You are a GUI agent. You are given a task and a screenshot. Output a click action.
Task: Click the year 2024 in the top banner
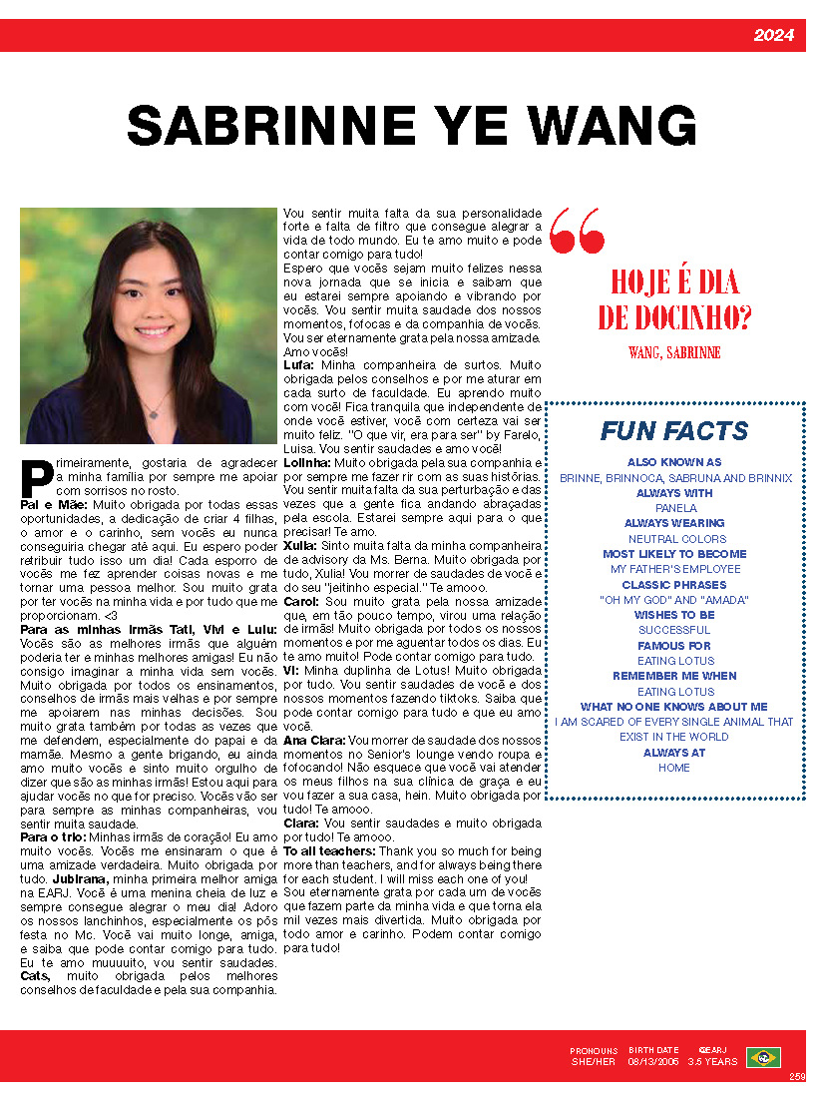click(x=773, y=36)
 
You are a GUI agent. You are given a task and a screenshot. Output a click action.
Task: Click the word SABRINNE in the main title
click(x=269, y=127)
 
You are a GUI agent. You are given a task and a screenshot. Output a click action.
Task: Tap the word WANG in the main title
click(x=613, y=127)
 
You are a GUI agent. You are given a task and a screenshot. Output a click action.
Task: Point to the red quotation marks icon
click(x=577, y=231)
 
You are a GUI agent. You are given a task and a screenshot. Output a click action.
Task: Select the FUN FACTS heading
click(x=674, y=431)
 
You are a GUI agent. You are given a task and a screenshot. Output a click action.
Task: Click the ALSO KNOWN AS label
click(x=674, y=463)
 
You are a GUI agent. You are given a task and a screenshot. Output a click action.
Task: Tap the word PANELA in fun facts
click(x=675, y=508)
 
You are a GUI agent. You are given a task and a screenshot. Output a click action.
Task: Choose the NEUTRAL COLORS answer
click(x=676, y=539)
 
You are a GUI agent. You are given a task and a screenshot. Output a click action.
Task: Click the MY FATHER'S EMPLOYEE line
click(x=675, y=569)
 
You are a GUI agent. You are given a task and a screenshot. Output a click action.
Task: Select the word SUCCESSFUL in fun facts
click(x=675, y=630)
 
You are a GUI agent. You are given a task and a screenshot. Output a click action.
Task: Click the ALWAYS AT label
click(x=674, y=753)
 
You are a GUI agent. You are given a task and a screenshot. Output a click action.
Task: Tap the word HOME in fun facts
click(x=674, y=768)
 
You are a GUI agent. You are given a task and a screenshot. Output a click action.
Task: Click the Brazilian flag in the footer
click(x=763, y=1057)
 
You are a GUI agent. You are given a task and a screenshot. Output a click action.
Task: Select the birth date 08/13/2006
click(x=653, y=1062)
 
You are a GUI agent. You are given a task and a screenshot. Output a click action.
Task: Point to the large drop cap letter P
click(x=37, y=476)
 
